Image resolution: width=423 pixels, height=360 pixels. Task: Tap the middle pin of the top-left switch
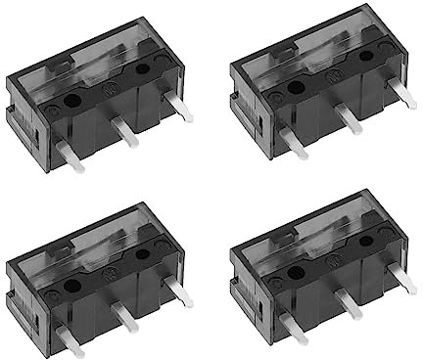pos(125,131)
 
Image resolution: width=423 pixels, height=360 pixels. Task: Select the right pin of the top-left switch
pos(180,108)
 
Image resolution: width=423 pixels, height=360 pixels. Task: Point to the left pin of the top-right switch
pos(292,143)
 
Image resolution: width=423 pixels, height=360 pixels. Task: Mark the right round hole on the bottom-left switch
pos(145,254)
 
